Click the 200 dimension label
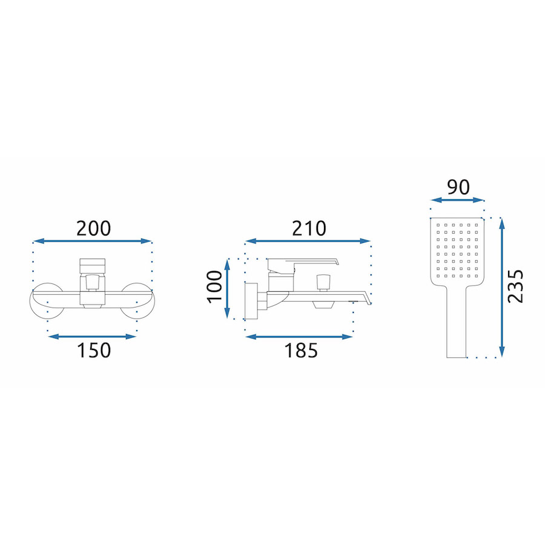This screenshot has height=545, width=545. tap(93, 229)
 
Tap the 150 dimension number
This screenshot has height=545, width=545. tap(94, 351)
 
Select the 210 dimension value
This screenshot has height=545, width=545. tap(309, 229)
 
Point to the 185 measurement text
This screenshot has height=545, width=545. tap(301, 351)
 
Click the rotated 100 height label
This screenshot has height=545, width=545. tap(214, 287)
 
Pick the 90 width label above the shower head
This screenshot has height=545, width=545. tap(458, 187)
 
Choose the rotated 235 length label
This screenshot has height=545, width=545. tap(515, 286)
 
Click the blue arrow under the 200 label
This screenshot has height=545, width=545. tap(93, 241)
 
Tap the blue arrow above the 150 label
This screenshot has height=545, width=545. tap(92, 336)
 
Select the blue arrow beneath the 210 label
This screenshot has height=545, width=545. tap(308, 241)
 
